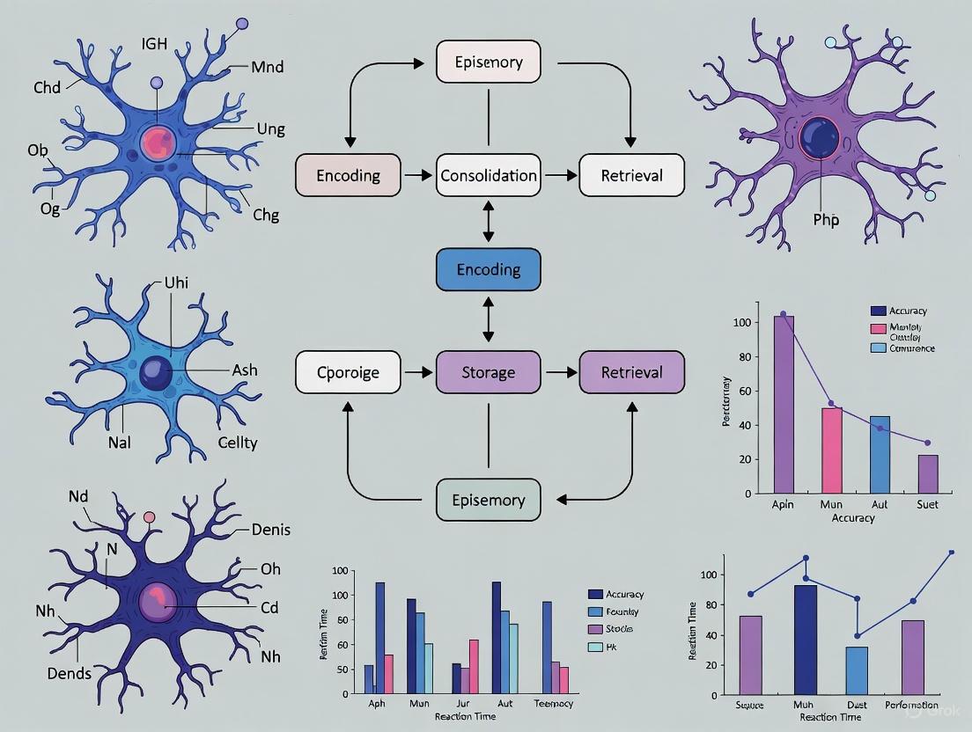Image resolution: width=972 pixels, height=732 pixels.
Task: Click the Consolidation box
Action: (x=489, y=175)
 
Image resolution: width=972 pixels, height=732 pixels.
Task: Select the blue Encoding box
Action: (x=489, y=269)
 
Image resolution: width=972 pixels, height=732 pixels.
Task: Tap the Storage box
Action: (x=489, y=371)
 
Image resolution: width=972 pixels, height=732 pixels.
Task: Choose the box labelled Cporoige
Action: (x=348, y=371)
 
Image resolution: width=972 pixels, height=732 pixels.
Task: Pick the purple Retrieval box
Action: (x=631, y=371)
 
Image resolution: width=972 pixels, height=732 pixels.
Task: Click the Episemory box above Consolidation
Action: (x=489, y=62)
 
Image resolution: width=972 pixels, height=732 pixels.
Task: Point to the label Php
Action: (x=826, y=219)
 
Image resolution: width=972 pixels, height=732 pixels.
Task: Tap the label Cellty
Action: (x=237, y=442)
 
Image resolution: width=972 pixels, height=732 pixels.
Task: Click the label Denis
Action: (x=270, y=529)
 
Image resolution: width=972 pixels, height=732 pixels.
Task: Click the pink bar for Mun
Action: (x=833, y=450)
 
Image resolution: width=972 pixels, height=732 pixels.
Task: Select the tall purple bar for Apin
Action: (x=784, y=404)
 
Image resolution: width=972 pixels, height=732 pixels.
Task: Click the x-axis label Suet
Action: (x=927, y=504)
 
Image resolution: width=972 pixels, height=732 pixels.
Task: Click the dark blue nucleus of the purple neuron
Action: (x=820, y=138)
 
